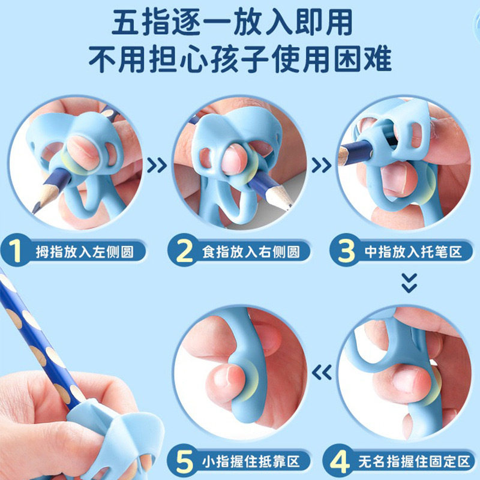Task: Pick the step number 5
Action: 184,462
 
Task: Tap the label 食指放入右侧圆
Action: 251,251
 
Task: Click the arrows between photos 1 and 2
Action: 157,163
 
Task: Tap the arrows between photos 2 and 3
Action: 322,163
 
